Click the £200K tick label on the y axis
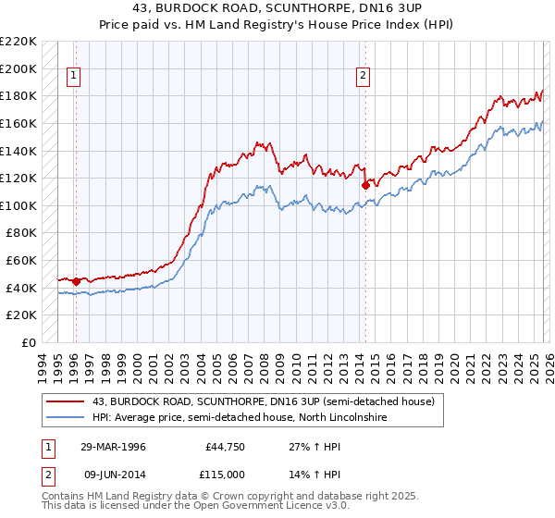point(18,68)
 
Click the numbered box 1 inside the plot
point(74,77)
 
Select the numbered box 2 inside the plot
point(364,77)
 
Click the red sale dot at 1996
point(76,280)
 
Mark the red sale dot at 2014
point(365,185)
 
